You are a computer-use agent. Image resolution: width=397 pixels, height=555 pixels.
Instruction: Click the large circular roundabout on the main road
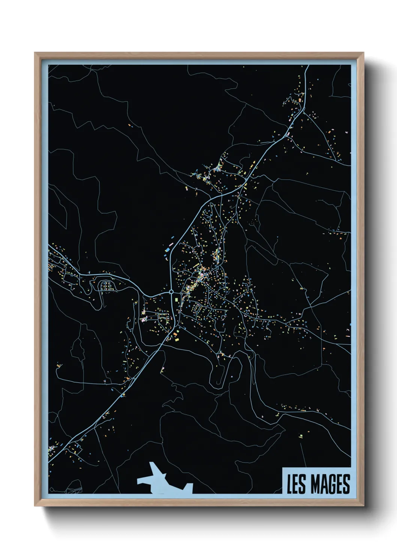[171, 291]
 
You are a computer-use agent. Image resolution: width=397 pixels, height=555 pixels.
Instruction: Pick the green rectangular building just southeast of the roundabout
[176, 300]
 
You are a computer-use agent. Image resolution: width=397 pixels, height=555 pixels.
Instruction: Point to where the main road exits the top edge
[308, 66]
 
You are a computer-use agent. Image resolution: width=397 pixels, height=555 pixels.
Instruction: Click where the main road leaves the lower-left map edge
[50, 461]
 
